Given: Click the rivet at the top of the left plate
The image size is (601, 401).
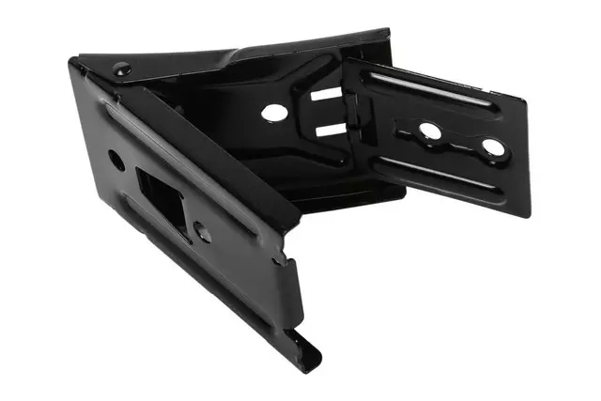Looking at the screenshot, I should [x=121, y=69].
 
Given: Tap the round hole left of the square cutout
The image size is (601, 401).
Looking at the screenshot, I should [x=116, y=160].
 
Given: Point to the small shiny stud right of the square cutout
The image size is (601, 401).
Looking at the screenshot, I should [x=202, y=228].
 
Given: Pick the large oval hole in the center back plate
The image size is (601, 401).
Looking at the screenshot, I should [x=274, y=113].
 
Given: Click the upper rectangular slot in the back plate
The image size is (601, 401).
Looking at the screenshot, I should [x=324, y=95].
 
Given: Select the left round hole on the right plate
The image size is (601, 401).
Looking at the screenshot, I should [x=431, y=131].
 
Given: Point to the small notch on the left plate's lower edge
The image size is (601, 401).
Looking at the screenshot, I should [x=277, y=263].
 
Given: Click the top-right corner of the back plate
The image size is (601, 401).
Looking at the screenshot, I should [x=388, y=30].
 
